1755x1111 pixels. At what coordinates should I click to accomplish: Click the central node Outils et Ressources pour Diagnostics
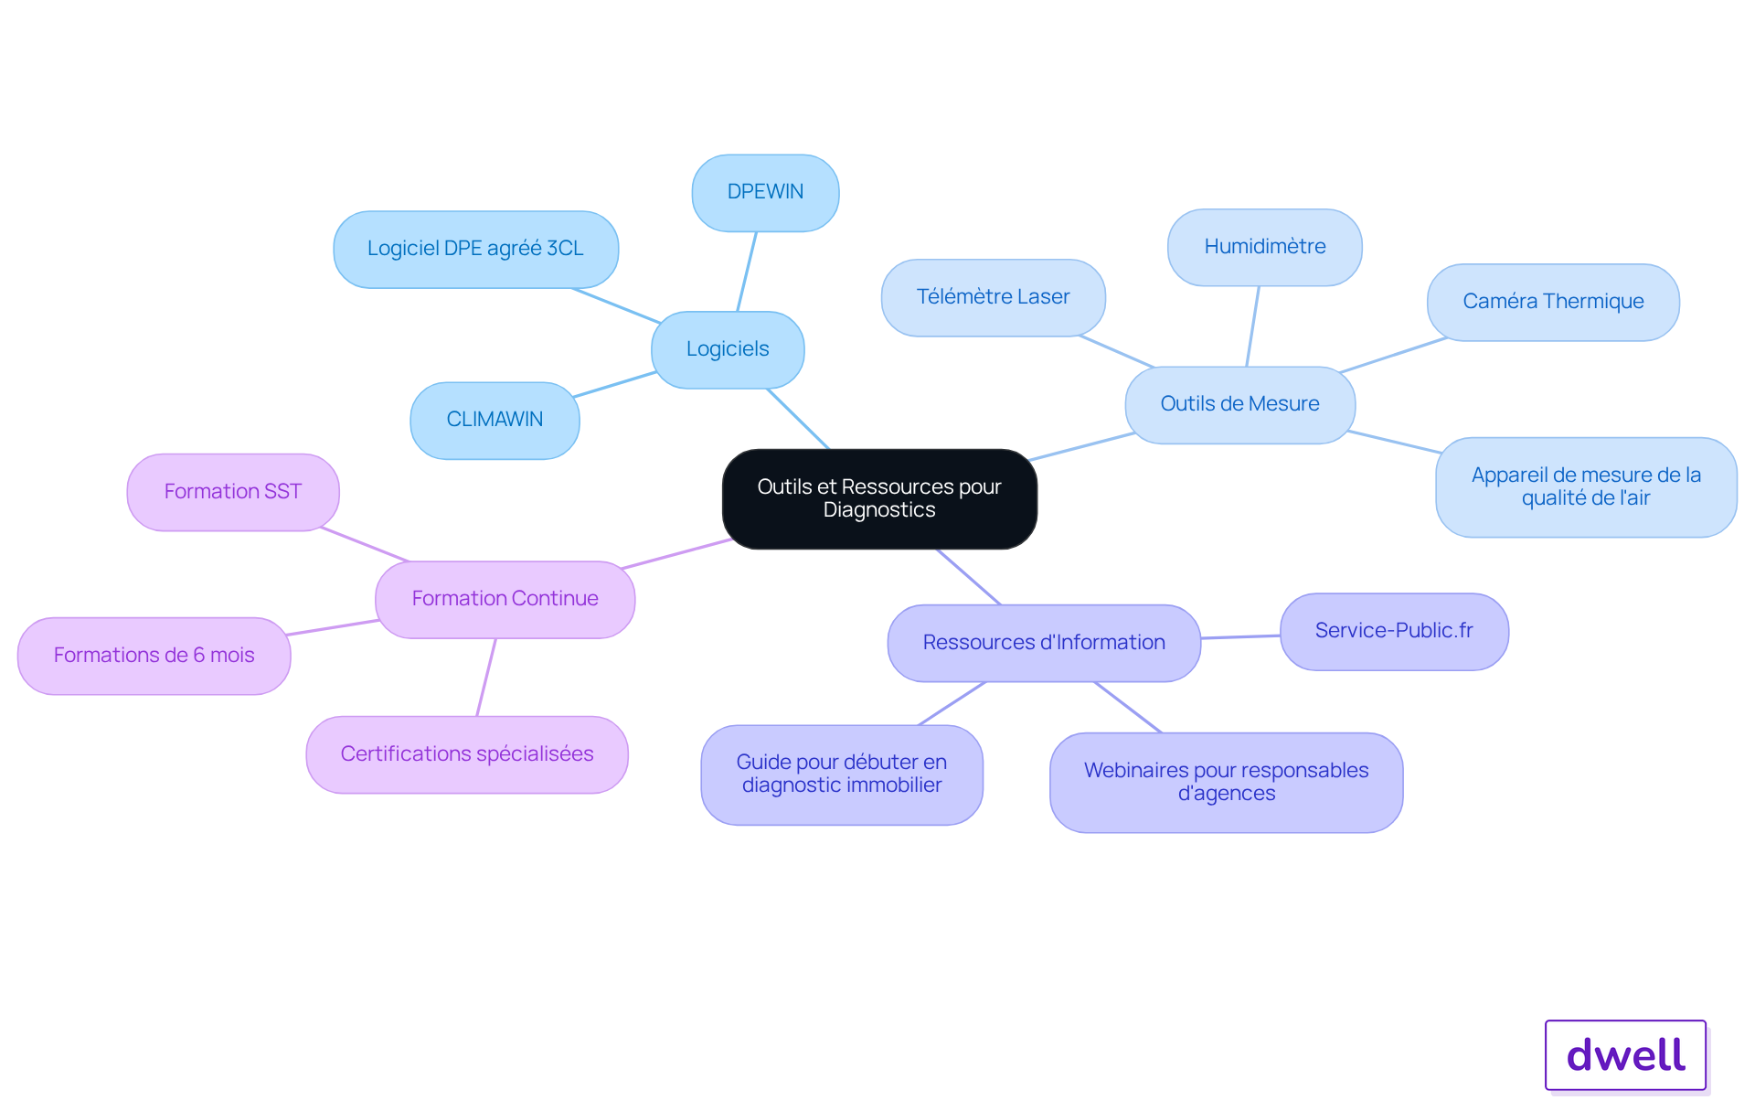click(x=879, y=498)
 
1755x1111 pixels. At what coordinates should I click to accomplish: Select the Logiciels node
click(x=728, y=349)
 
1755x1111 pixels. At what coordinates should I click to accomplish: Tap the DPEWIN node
click(x=765, y=192)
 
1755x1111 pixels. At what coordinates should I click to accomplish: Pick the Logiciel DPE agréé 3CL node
click(x=475, y=249)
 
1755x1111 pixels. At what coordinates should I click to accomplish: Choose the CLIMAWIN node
click(x=495, y=420)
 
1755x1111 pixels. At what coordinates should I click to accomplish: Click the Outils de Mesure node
click(x=1239, y=404)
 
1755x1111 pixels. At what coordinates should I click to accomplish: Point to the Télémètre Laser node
click(x=993, y=297)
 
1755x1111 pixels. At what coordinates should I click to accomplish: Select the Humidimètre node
click(x=1264, y=247)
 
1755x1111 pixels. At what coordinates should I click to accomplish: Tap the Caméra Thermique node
click(x=1553, y=302)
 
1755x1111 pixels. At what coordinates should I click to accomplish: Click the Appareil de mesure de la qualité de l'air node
click(x=1586, y=486)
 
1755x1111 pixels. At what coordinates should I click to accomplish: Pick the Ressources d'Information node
click(x=1044, y=643)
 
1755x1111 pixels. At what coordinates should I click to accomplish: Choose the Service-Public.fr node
click(x=1394, y=631)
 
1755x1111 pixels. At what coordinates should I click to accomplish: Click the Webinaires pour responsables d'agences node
click(x=1226, y=782)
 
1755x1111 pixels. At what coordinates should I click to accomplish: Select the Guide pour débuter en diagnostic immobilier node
click(x=842, y=774)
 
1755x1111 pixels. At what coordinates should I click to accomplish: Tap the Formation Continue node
click(x=505, y=599)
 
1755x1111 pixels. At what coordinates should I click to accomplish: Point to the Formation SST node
click(x=233, y=492)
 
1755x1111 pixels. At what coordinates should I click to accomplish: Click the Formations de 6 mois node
click(x=154, y=656)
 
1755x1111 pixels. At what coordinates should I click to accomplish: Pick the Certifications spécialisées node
click(x=467, y=754)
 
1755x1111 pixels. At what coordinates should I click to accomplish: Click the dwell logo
click(x=1625, y=1055)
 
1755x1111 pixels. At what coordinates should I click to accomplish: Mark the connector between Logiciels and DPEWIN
click(x=747, y=272)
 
